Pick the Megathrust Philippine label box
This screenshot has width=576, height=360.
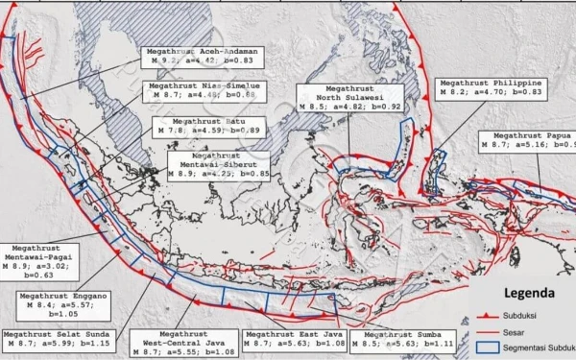[491, 89]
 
